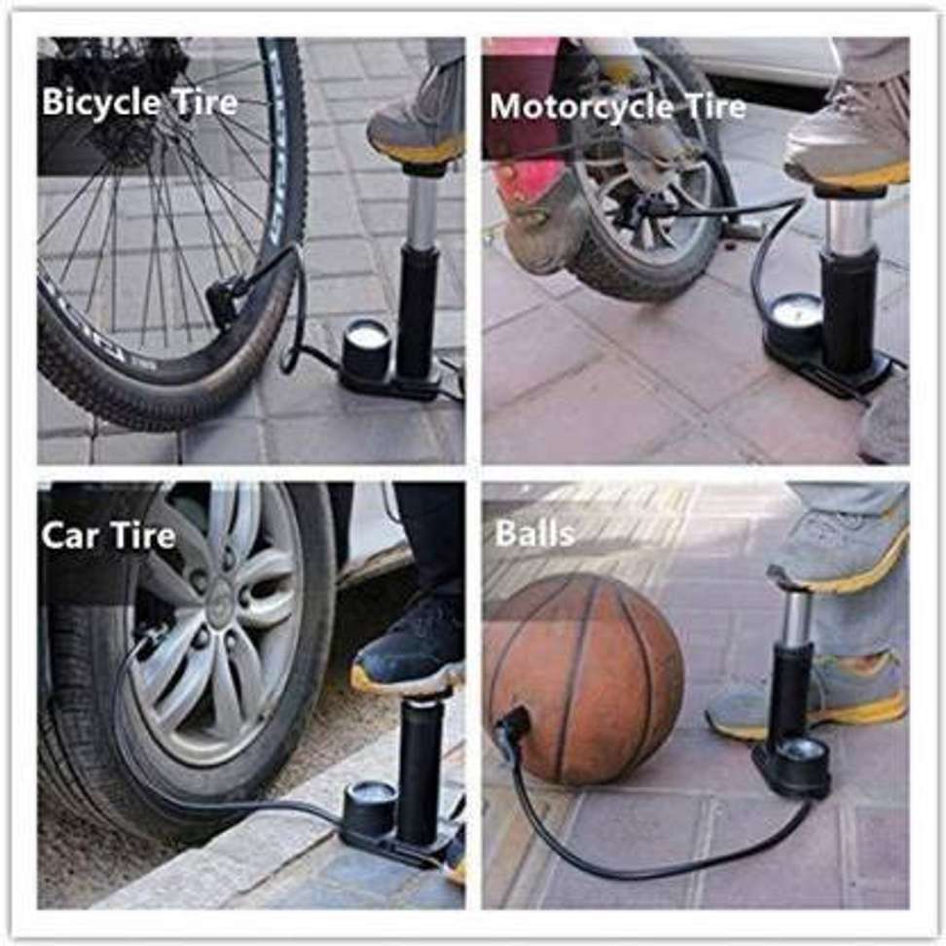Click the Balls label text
pos(534,532)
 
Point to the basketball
pos(583,678)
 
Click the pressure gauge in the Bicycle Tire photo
pos(367,346)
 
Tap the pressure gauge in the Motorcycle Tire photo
pos(796,317)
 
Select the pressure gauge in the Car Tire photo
pos(368,809)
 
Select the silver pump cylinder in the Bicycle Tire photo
pos(421,211)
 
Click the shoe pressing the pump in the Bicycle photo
pos(417,116)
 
